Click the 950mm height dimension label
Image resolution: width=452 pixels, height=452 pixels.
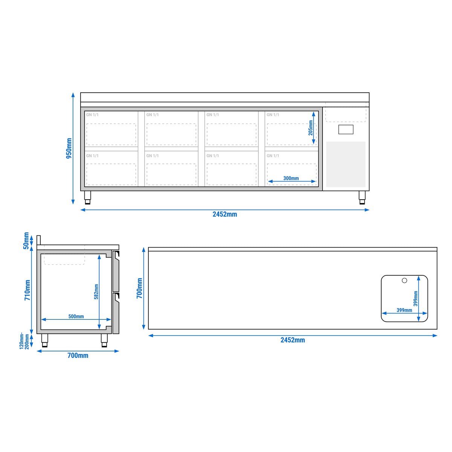pyautogui.click(x=69, y=148)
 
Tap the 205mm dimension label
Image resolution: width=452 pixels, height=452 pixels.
pyautogui.click(x=310, y=128)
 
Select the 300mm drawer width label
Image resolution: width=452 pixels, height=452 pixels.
pyautogui.click(x=291, y=178)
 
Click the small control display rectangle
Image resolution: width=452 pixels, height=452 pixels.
pyautogui.click(x=346, y=130)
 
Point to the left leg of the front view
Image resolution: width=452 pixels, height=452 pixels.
pyautogui.click(x=87, y=197)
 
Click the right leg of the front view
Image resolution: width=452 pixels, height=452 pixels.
pyautogui.click(x=362, y=197)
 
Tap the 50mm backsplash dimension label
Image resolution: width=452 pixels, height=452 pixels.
pyautogui.click(x=26, y=241)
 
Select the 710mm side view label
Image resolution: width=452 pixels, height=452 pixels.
pyautogui.click(x=27, y=290)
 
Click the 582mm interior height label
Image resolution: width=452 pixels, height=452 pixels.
pyautogui.click(x=96, y=292)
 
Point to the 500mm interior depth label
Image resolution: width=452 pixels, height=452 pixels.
pyautogui.click(x=76, y=316)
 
